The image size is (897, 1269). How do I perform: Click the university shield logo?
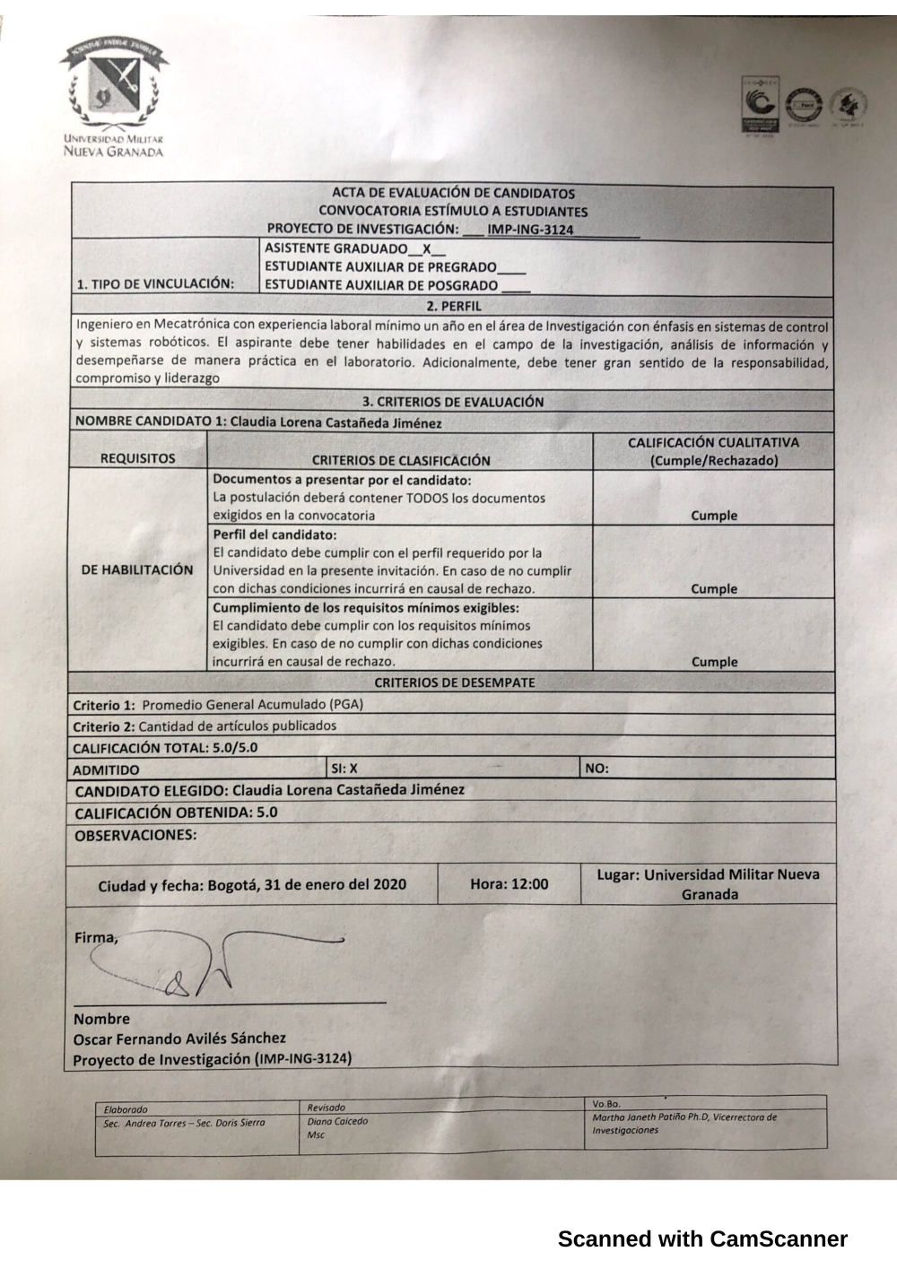click(113, 86)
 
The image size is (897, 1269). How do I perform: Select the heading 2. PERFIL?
click(453, 307)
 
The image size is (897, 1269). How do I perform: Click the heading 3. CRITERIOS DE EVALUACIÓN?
click(453, 402)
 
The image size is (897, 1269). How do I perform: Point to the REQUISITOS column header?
click(138, 459)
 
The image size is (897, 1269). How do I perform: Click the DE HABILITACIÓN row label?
click(137, 569)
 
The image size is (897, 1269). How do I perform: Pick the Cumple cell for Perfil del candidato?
click(714, 589)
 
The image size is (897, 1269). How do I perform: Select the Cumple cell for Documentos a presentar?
click(714, 516)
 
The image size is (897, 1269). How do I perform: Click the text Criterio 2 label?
click(103, 726)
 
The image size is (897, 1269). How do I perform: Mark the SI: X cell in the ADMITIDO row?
click(344, 769)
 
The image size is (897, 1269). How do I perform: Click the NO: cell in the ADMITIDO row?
click(597, 769)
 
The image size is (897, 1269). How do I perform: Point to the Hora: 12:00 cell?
click(509, 884)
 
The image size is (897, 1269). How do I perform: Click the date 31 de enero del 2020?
click(335, 885)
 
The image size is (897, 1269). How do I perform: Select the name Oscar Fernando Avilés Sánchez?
click(179, 1039)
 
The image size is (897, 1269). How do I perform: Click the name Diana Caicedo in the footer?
click(337, 1121)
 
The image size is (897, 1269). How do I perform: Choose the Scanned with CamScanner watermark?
click(702, 1239)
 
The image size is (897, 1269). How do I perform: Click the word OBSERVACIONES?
click(135, 835)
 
